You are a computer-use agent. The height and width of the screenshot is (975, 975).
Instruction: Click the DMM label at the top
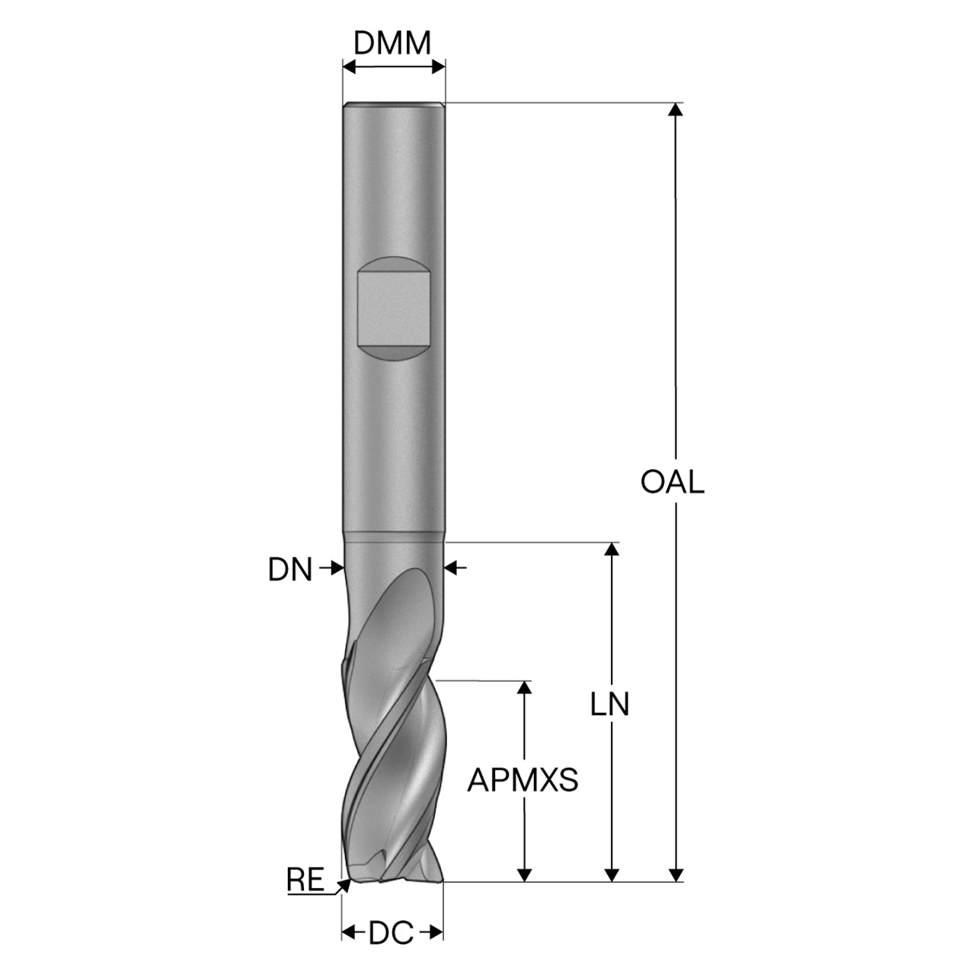392,43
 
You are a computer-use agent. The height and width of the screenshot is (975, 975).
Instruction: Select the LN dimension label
609,705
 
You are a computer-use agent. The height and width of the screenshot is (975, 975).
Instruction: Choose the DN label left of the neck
290,570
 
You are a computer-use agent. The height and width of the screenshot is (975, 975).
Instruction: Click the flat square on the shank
394,309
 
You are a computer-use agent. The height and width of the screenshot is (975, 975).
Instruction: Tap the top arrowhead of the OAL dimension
676,110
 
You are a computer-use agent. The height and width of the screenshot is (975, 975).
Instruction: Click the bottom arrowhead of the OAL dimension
676,889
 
